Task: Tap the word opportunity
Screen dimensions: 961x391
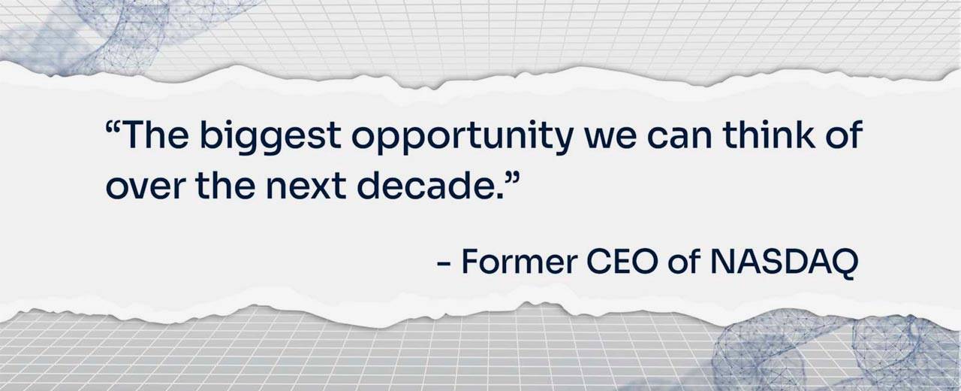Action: pos(462,137)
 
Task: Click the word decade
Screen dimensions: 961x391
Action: pos(426,186)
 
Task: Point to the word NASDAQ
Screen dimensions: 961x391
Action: pos(785,262)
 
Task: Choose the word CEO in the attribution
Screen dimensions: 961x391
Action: pos(622,261)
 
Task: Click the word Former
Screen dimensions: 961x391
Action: pos(520,261)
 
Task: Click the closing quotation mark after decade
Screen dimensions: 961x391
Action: pos(513,177)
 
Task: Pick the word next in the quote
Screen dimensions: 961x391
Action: pos(306,187)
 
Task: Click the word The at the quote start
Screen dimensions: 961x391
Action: pos(155,135)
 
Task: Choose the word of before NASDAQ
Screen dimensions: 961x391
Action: pos(684,261)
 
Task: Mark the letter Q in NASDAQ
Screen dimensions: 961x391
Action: pos(842,263)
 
